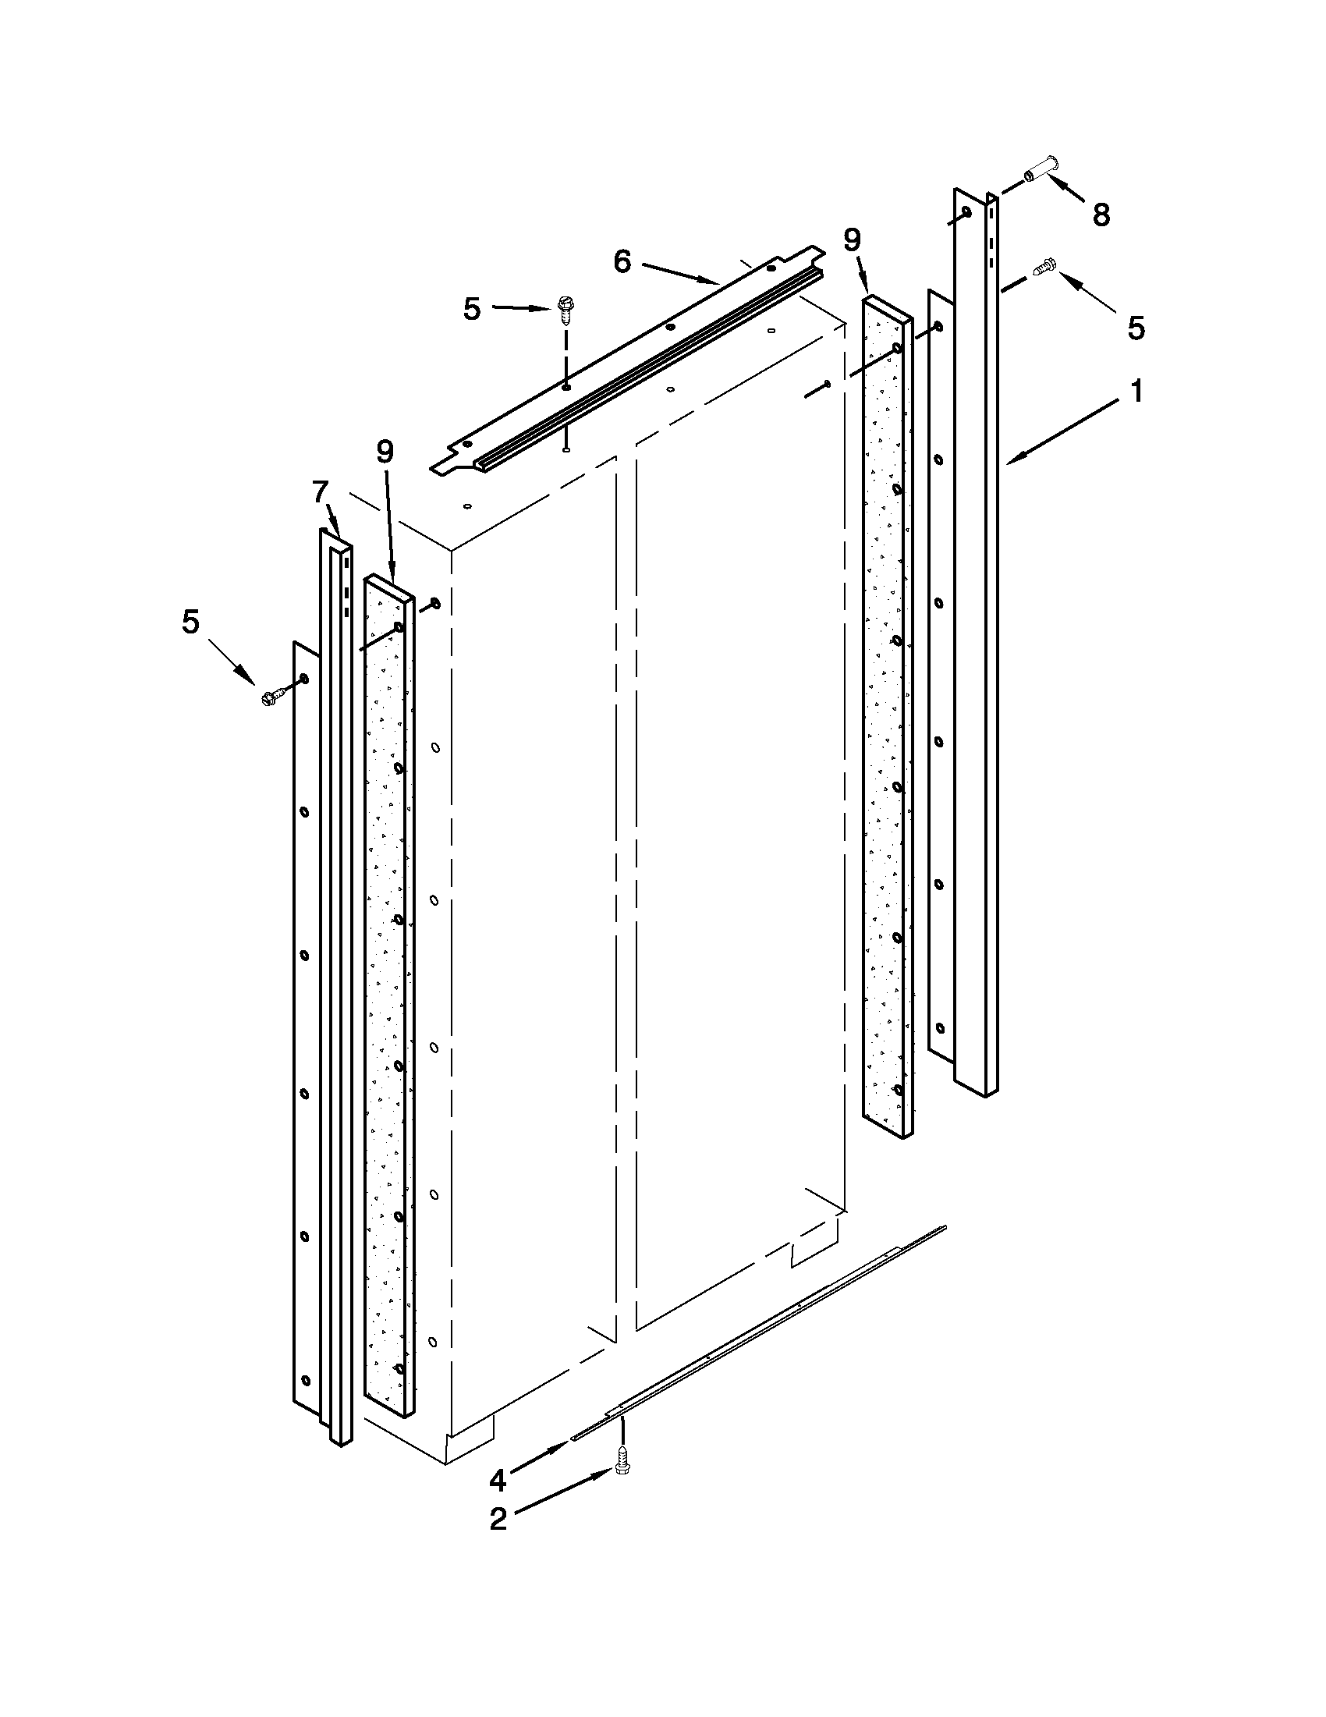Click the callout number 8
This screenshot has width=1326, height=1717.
pyautogui.click(x=1101, y=214)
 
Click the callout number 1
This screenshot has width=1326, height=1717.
pyautogui.click(x=1136, y=391)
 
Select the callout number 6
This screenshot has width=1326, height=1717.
pyautogui.click(x=622, y=263)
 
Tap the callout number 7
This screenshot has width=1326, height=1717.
pyautogui.click(x=319, y=492)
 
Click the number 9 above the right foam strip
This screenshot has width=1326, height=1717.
pyautogui.click(x=853, y=239)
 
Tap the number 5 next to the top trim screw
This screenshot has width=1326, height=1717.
pyautogui.click(x=472, y=309)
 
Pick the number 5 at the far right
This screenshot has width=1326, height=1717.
pyautogui.click(x=1136, y=328)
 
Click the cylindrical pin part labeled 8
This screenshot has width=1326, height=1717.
pyautogui.click(x=1041, y=170)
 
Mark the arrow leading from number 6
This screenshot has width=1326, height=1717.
pyautogui.click(x=680, y=273)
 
